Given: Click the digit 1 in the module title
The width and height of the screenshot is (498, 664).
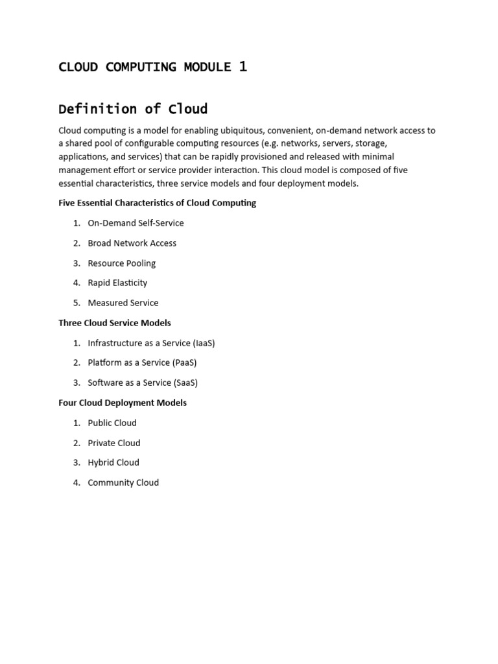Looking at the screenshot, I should tap(243, 66).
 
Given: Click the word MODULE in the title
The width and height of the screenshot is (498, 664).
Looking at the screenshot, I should tap(207, 67).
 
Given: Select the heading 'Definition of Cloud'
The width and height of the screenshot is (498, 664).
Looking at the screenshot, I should tap(133, 108).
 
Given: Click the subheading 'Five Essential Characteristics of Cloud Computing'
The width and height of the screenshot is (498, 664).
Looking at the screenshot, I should tap(157, 203).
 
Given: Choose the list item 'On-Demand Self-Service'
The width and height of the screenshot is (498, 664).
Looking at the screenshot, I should tap(136, 223).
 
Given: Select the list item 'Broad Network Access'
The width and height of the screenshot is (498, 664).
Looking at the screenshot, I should tap(132, 243).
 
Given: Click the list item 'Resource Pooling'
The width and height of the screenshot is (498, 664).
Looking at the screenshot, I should tap(121, 263).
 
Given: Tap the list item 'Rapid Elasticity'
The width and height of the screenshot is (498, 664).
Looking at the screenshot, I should tap(117, 283).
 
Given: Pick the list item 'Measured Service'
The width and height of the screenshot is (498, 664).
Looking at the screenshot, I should tap(123, 303).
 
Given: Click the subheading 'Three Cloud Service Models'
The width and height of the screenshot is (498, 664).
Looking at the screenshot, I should tap(115, 323).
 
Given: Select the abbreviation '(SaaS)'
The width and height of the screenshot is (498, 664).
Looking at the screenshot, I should tap(185, 383).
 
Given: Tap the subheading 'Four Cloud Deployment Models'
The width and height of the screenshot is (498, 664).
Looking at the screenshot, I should tap(123, 403).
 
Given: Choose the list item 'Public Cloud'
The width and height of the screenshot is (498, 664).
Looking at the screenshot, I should tap(112, 423).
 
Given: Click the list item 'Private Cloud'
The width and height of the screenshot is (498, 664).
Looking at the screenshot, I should tap(114, 443).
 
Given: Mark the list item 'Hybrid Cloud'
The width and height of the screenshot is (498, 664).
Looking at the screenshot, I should tap(113, 462).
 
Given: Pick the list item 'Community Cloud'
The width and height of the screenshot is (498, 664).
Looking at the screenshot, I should tap(123, 482).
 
